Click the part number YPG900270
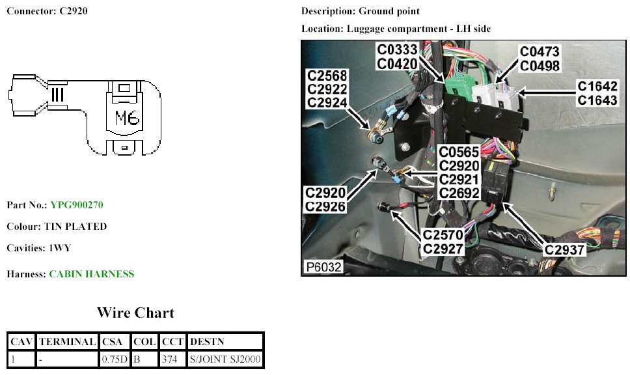coord(77,205)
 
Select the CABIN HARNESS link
coord(92,274)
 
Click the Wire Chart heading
coord(135,313)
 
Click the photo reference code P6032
coord(323,267)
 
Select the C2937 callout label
coord(565,248)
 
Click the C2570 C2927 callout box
coord(443,241)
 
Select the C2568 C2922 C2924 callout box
coord(327,89)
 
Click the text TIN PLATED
coord(75,227)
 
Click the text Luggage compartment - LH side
coord(419,29)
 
